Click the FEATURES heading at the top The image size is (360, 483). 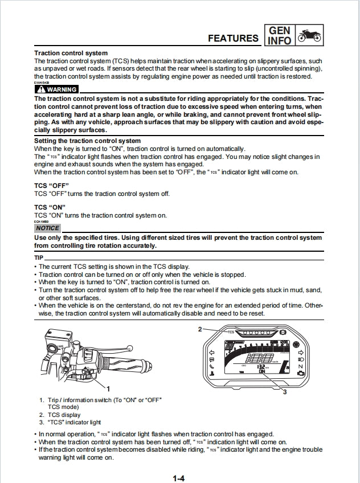[233, 38]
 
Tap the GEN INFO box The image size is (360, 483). [279, 35]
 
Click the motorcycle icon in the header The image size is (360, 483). [309, 35]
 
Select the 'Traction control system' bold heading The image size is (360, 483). [71, 53]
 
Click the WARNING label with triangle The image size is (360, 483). [56, 89]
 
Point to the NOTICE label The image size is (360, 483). [47, 228]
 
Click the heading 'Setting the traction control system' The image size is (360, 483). [87, 141]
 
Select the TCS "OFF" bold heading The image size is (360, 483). [50, 186]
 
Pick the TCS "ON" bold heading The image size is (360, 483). [49, 207]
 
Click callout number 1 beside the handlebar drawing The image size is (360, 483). [108, 387]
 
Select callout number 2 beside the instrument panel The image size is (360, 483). [200, 329]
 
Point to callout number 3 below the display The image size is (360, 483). [285, 391]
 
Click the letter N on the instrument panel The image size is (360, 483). [301, 366]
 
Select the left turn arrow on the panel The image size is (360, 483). [211, 353]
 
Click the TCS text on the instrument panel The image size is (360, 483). [231, 331]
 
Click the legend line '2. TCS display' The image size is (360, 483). [60, 415]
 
